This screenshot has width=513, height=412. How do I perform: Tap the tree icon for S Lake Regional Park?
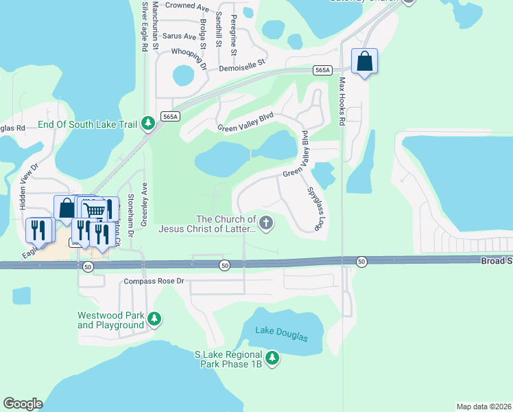tap(272, 358)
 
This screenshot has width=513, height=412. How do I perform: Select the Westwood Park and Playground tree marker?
tap(156, 318)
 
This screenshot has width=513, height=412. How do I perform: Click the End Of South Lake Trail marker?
tap(147, 124)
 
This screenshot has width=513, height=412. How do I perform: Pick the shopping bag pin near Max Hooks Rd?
tap(365, 62)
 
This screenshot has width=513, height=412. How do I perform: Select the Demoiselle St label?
tap(241, 66)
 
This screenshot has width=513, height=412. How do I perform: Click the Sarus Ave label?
tap(179, 36)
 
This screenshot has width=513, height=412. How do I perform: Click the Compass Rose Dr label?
tap(154, 281)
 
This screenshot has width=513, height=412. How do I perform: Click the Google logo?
tap(23, 404)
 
